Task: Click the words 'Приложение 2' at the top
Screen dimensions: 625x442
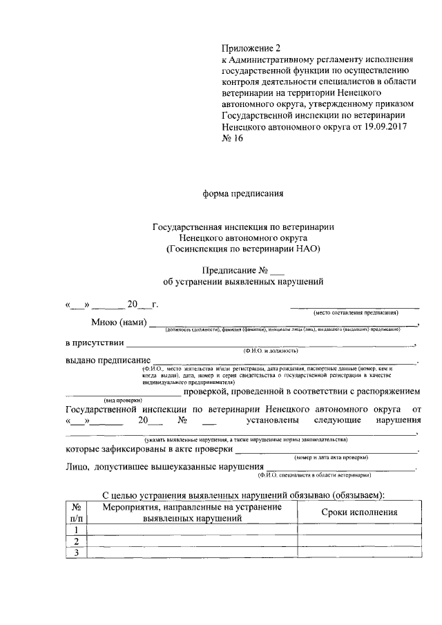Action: (252, 48)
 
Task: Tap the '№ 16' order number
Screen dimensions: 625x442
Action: (232, 138)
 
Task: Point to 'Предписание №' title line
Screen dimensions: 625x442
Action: (238, 270)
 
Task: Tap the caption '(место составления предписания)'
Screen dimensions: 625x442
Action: (355, 313)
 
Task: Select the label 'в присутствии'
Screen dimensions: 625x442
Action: (95, 342)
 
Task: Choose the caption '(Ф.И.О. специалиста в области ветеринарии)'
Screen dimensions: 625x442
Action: (314, 476)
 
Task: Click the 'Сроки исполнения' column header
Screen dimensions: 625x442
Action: (360, 512)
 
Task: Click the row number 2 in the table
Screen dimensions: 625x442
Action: (76, 541)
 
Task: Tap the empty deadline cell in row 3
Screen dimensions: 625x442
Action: (360, 552)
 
